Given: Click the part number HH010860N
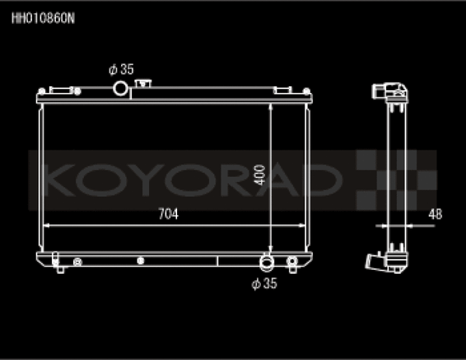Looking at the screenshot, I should tap(43, 16).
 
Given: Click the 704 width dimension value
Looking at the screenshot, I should tap(168, 215).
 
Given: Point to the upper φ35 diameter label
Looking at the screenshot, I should tap(121, 70).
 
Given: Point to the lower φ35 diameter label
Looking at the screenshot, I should tap(265, 284).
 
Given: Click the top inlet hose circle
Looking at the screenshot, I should tap(121, 88).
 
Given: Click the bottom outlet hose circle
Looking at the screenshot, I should tap(267, 261).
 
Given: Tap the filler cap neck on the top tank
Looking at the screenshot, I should tap(142, 82).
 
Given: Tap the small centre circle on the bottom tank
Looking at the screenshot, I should tap(140, 261).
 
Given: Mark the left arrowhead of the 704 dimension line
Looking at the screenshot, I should tap(46, 226).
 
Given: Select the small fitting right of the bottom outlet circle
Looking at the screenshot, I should tap(292, 261).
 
